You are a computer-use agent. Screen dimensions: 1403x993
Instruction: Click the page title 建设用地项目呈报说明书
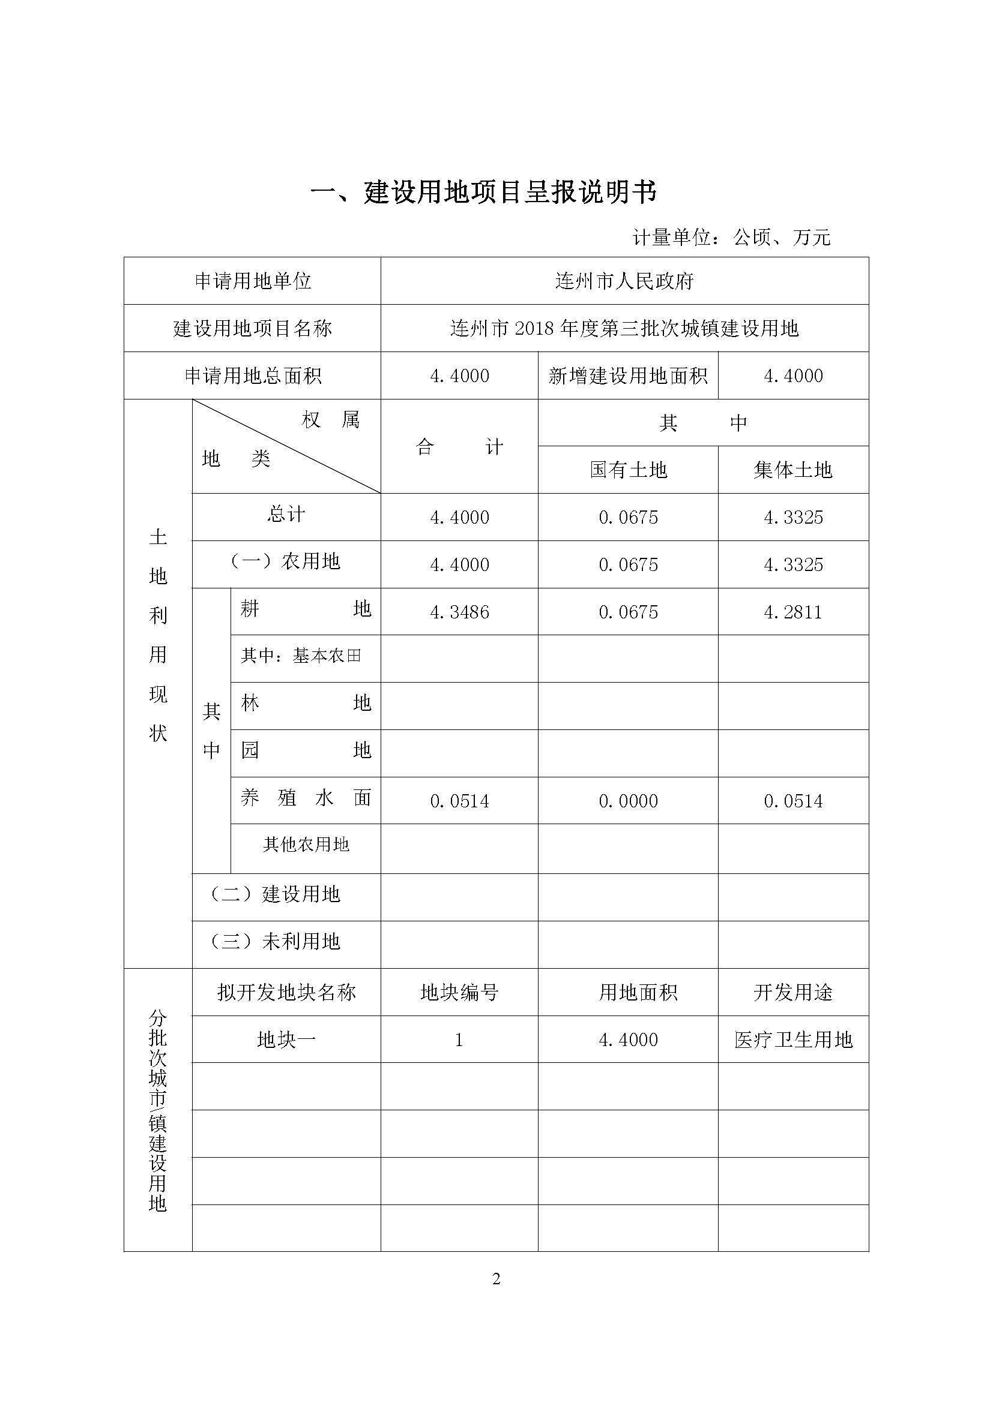coord(483,193)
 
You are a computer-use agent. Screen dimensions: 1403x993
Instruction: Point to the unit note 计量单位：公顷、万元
coord(731,237)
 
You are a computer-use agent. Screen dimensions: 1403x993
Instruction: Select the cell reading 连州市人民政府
coord(624,281)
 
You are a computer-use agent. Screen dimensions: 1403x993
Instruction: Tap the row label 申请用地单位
coord(253,281)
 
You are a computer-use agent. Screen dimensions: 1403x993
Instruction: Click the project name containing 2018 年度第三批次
coord(624,329)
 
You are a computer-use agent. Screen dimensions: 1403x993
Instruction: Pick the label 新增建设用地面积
coord(628,376)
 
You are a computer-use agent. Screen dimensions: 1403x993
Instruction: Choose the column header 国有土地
coord(628,470)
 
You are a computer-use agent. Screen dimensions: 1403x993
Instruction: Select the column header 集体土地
coord(793,470)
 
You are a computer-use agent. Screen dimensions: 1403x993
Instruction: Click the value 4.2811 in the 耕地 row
coord(793,612)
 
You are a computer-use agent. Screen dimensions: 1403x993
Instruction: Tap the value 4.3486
coord(459,612)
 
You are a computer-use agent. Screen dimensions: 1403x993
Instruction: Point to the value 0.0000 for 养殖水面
coord(628,801)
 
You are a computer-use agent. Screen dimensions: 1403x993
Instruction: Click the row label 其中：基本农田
coord(301,656)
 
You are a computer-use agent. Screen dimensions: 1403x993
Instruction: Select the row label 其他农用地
coord(306,845)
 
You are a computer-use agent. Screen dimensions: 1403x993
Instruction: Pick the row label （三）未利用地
coord(275,942)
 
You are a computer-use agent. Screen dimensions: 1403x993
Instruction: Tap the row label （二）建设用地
coord(275,894)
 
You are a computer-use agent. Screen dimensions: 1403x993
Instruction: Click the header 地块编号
coord(459,992)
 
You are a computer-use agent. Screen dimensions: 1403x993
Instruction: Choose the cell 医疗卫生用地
coord(793,1040)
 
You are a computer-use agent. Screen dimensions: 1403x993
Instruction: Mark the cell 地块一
coord(286,1040)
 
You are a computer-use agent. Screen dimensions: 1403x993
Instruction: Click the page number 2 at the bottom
coord(496,1279)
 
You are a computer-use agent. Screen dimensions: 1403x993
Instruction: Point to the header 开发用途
coord(793,992)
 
